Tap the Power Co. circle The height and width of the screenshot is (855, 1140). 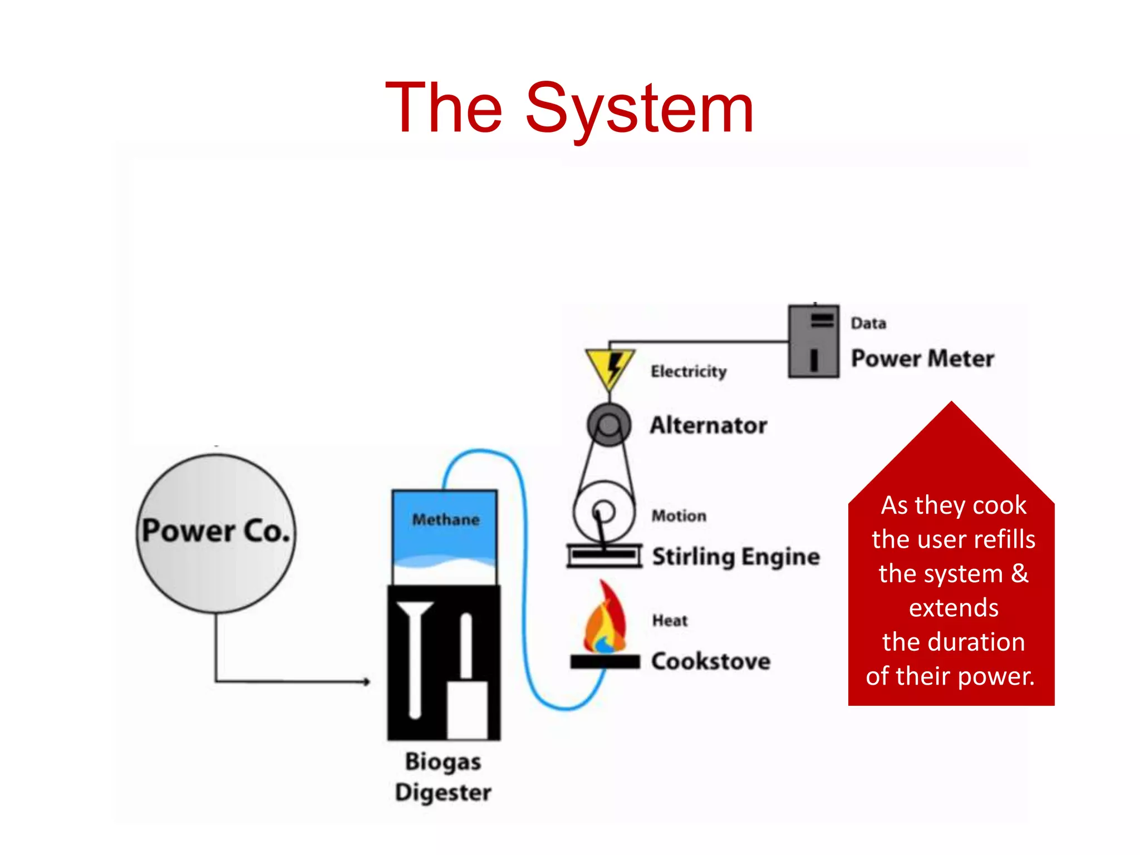click(x=216, y=533)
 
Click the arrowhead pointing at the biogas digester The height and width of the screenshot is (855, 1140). click(x=366, y=681)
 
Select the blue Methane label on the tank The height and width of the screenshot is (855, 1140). click(x=445, y=519)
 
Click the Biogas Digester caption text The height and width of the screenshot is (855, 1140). click(x=443, y=777)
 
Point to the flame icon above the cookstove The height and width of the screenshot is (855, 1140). click(x=604, y=621)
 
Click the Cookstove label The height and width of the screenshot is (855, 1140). click(x=711, y=661)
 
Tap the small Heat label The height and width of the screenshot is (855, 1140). click(x=670, y=620)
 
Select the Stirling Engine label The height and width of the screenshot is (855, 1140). click(x=735, y=557)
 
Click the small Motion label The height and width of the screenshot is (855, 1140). click(x=679, y=515)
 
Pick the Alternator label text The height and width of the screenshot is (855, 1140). click(x=708, y=425)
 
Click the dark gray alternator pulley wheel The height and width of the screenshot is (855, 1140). click(x=609, y=425)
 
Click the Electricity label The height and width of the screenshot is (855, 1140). click(x=689, y=371)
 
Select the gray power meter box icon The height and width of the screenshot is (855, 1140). click(x=813, y=341)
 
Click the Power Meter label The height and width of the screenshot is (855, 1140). click(x=922, y=358)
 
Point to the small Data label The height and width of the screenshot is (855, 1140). click(x=868, y=323)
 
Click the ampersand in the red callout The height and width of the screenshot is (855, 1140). click(x=1019, y=573)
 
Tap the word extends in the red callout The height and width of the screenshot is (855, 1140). click(x=953, y=607)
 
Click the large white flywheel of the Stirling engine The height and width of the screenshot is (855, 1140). click(x=604, y=511)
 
